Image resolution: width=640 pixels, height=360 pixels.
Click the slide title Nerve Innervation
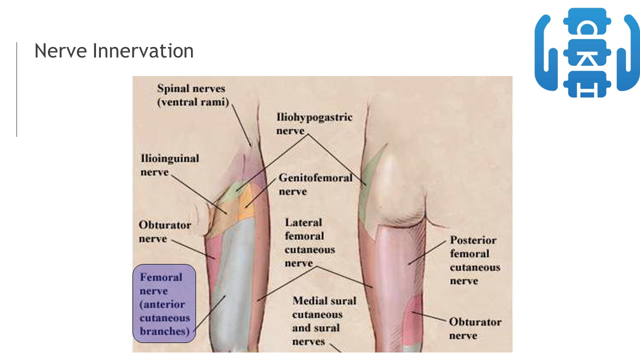[x=114, y=51]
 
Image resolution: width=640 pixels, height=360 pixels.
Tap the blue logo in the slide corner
[x=587, y=52]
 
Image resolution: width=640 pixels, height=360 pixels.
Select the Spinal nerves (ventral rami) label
[x=192, y=95]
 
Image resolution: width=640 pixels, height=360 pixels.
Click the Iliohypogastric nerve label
[x=314, y=123]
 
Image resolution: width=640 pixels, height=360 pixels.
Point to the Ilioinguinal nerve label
[x=169, y=165]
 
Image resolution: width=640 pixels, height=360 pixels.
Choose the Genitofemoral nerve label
[x=315, y=184]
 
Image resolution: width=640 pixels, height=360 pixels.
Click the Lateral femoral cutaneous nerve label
[x=309, y=242]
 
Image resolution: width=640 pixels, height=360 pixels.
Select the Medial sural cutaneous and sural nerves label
[x=324, y=321]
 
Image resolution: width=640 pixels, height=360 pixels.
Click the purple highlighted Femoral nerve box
[x=164, y=303]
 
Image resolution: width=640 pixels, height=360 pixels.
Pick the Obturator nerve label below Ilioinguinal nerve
[x=164, y=231]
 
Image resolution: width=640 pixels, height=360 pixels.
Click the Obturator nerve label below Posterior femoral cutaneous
[x=474, y=328]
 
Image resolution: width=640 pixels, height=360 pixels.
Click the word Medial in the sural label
[x=309, y=301]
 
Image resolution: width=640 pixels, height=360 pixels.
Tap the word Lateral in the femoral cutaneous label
[x=303, y=222]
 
